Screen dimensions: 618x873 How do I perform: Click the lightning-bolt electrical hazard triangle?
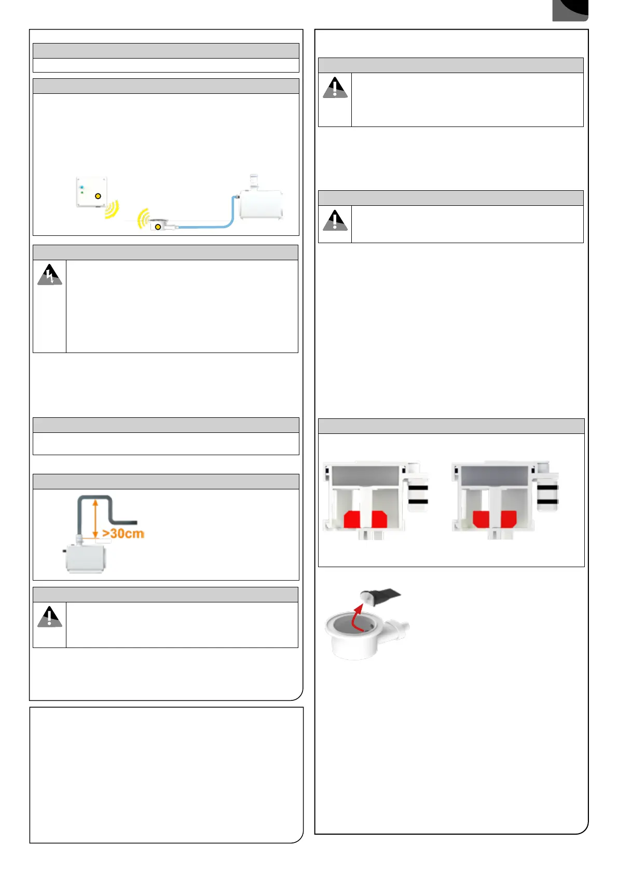coord(49,275)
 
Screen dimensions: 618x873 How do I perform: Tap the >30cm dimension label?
coord(123,533)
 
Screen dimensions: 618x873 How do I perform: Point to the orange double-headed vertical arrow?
coord(95,518)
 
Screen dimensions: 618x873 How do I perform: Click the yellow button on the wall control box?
coord(98,196)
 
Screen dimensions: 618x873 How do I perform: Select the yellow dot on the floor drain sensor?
coord(158,227)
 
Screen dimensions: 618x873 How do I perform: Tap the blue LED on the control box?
coord(82,186)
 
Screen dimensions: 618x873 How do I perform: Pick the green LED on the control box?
coord(82,192)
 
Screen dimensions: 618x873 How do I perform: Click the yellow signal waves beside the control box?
coord(112,209)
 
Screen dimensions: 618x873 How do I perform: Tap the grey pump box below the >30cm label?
coord(86,558)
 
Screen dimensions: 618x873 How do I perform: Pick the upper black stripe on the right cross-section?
coord(547,487)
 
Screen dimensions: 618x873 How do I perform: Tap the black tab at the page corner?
coord(570,10)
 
